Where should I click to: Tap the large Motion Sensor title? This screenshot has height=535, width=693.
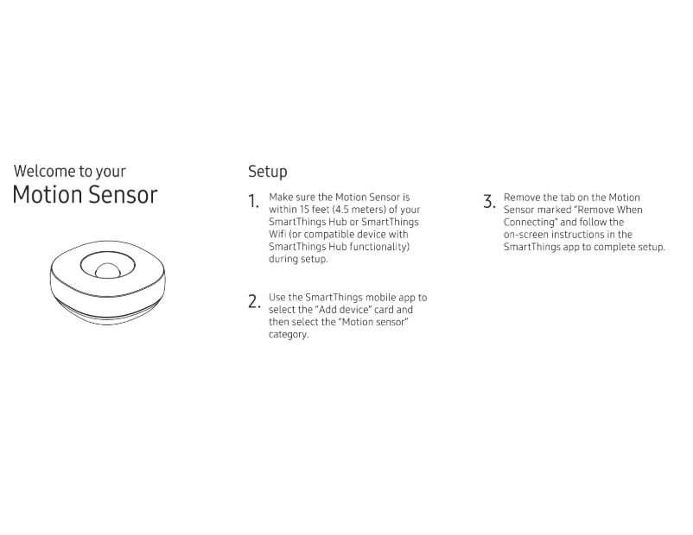[85, 195]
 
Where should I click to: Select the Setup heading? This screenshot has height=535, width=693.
[268, 172]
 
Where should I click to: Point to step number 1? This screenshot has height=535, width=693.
[253, 202]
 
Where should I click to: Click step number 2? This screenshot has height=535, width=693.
[253, 302]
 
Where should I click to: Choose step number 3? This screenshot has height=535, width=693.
[489, 203]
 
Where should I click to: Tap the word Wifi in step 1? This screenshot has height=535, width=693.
[277, 235]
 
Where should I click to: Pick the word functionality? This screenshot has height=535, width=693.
[376, 247]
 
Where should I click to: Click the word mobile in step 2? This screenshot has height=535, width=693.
[375, 298]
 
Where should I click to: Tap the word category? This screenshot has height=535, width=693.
[288, 335]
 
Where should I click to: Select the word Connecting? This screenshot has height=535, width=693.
[530, 223]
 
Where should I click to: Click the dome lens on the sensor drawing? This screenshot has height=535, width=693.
[107, 270]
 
